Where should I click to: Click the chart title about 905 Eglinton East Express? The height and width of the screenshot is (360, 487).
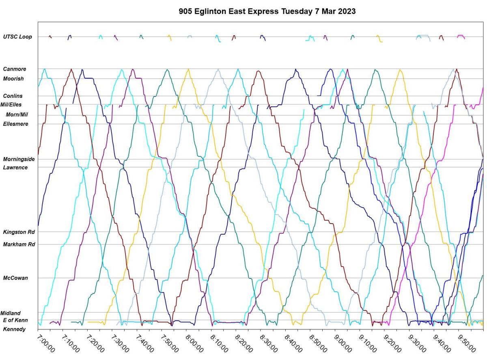tap(267, 11)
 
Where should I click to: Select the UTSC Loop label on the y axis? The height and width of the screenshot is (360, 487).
tap(17, 37)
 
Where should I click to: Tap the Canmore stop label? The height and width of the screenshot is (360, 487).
tap(15, 69)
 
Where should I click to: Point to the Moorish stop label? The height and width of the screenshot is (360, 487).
tap(13, 79)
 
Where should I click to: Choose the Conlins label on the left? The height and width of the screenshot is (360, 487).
tap(13, 96)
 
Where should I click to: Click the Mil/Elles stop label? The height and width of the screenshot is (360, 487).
tap(14, 105)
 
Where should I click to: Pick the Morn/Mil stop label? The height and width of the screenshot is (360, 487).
tap(17, 114)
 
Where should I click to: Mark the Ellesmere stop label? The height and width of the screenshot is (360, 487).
tap(15, 124)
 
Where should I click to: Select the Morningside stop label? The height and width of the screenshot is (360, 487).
tap(19, 159)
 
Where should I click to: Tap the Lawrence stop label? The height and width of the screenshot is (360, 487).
tap(15, 168)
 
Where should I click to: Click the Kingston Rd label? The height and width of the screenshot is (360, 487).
tap(19, 232)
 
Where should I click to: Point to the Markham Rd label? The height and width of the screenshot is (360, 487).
tap(19, 245)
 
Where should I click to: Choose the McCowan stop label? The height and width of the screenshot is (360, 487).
tap(15, 278)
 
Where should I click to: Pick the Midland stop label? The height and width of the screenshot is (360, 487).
tap(11, 313)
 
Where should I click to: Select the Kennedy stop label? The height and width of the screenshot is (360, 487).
tap(14, 329)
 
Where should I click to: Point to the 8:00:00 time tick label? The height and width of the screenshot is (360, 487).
tap(194, 343)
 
